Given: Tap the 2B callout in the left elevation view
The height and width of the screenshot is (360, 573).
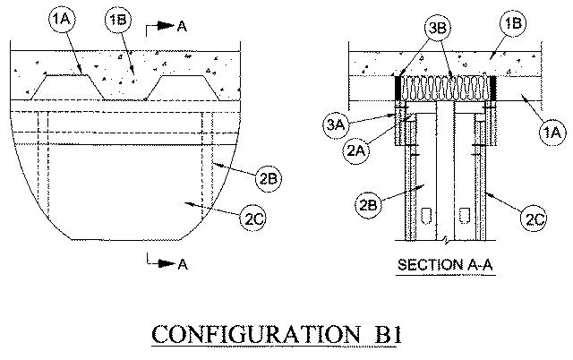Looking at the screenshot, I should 266,178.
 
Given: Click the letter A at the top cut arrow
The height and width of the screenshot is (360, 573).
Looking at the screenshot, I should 182,27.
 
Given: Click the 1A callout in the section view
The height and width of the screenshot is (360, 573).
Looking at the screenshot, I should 552,131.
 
